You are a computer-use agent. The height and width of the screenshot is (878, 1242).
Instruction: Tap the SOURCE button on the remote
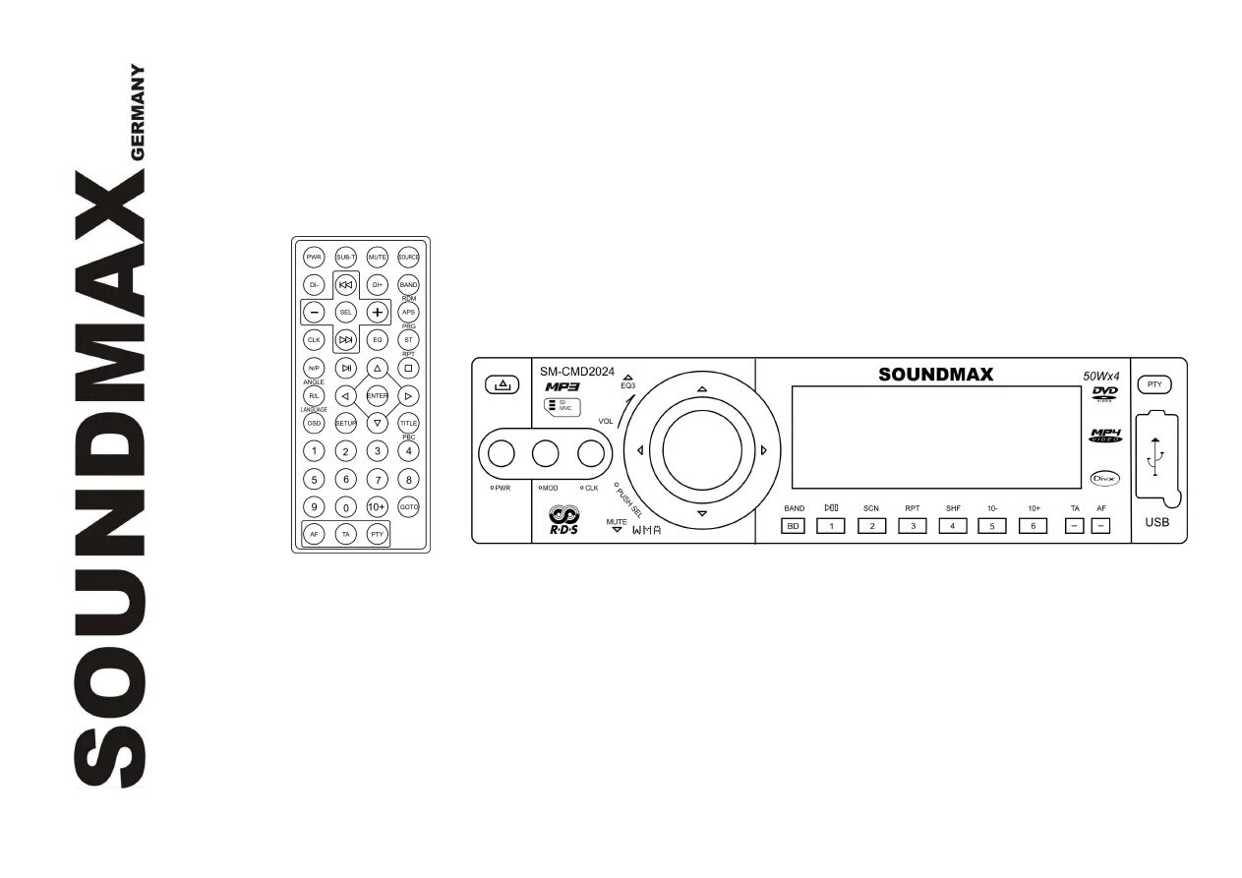[x=408, y=257]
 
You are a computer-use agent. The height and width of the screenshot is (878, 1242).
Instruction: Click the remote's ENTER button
[x=377, y=395]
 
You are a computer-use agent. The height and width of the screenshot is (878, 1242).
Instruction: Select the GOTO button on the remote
[x=408, y=506]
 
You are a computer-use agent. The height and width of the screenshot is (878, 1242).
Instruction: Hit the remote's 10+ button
[x=377, y=506]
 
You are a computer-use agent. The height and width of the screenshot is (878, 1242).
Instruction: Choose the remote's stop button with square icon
[x=408, y=368]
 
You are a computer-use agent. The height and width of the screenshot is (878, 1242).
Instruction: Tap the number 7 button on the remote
[x=377, y=479]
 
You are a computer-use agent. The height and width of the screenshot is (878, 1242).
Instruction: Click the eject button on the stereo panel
[x=502, y=384]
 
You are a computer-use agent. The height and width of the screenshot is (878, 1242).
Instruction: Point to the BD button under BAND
[x=794, y=526]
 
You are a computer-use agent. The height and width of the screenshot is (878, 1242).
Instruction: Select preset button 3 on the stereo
[x=913, y=526]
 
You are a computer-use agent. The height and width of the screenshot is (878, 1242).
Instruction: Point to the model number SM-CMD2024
[x=577, y=372]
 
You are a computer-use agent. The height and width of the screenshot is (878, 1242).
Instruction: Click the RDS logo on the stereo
[x=564, y=519]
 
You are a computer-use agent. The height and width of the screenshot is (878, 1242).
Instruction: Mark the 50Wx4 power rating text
[x=1101, y=376]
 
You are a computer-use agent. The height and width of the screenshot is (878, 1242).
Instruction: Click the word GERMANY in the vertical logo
[x=138, y=117]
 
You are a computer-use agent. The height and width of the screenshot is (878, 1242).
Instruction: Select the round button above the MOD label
[x=547, y=453]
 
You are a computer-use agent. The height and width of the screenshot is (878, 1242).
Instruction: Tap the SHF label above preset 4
[x=953, y=508]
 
